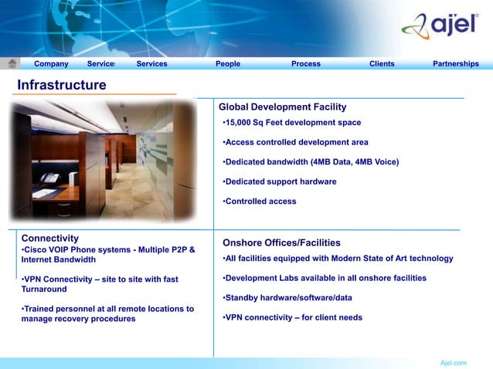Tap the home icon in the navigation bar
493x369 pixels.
(13, 63)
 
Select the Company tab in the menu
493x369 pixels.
(51, 64)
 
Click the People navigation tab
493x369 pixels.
(228, 64)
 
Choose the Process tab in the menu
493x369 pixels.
(306, 64)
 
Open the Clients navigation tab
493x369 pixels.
(382, 64)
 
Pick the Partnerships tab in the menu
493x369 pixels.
(456, 64)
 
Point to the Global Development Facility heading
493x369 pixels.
(282, 107)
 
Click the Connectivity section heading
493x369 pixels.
(50, 239)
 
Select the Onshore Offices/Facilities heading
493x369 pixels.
(281, 242)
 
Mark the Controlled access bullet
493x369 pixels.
(260, 201)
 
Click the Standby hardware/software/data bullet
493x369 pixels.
(287, 297)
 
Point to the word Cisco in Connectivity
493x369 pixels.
(36, 250)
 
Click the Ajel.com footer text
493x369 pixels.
(453, 362)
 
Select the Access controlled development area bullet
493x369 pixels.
(295, 143)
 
